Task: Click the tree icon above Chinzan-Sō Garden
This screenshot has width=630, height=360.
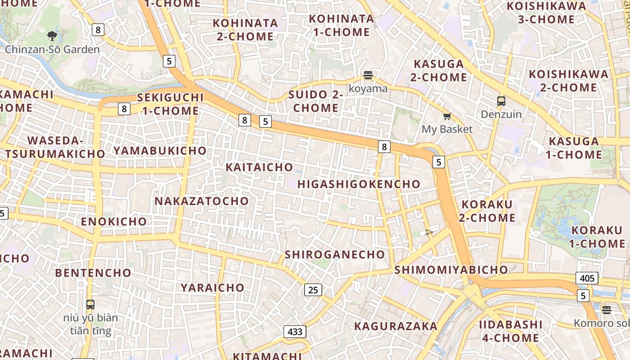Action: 52,36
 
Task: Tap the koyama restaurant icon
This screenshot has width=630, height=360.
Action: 368,75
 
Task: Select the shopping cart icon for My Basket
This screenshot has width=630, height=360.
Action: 447,117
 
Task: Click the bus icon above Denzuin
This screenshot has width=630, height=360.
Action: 501,101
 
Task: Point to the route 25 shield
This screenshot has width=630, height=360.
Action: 313,290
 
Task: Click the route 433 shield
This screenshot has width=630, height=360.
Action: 295,332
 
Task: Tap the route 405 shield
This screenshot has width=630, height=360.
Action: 587,278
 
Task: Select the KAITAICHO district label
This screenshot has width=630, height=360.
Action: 259,167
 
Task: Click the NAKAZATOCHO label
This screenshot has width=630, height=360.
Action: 202,201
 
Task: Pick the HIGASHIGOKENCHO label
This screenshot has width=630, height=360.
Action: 359,184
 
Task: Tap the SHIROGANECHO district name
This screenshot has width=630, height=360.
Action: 335,255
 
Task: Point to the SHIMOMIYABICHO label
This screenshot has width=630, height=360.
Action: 451,270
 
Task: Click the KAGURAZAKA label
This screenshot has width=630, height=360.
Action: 396,326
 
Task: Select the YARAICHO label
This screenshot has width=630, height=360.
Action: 212,288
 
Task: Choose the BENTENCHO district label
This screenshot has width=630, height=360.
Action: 93,273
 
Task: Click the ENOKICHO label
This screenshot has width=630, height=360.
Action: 114,221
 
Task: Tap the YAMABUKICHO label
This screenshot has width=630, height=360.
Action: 160,151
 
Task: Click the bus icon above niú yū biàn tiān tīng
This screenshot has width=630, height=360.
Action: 90,305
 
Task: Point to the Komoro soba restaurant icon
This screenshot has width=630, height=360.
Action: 607,310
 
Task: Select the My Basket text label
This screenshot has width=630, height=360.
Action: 447,130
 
